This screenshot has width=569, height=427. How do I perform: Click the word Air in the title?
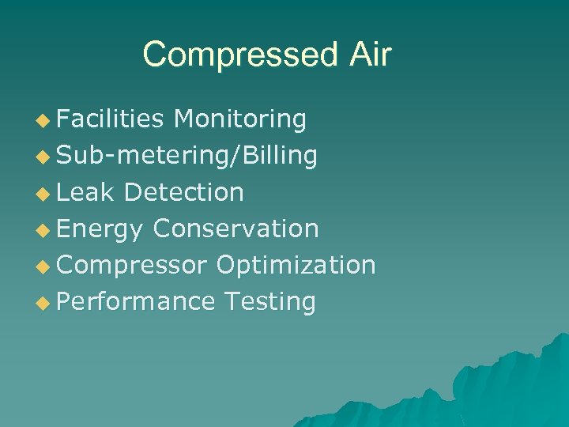[367, 55]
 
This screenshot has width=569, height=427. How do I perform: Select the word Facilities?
[111, 119]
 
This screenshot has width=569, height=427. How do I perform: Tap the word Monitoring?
[240, 119]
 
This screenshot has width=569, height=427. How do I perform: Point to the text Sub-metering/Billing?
[187, 156]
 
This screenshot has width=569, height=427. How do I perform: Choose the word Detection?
[184, 192]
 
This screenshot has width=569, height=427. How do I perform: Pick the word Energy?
[100, 229]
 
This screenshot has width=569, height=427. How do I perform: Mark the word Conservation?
[236, 229]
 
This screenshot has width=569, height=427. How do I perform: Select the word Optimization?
[296, 265]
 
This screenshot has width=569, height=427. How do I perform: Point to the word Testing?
[269, 302]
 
